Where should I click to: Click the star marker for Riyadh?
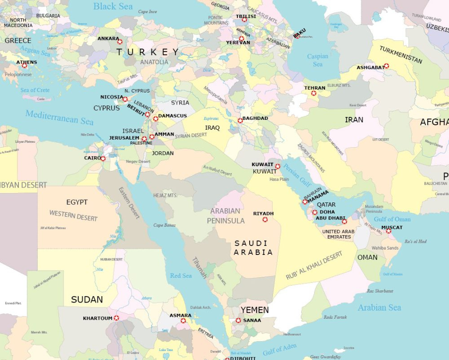(265, 220)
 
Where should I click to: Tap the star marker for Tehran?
(314, 93)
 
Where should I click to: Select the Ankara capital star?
(119, 42)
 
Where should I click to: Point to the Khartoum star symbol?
(116, 318)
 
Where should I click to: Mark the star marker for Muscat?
(388, 231)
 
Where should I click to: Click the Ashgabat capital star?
(386, 66)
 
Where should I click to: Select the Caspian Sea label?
(317, 60)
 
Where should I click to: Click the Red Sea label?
(181, 276)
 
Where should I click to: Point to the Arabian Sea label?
(379, 308)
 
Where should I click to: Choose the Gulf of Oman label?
(392, 219)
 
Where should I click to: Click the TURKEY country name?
(148, 52)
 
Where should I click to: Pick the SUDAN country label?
(87, 299)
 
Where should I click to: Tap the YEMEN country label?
(255, 310)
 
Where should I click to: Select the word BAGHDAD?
(255, 119)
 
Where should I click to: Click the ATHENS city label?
(27, 62)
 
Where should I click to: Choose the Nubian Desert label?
(111, 259)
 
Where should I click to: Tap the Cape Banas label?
(164, 225)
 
